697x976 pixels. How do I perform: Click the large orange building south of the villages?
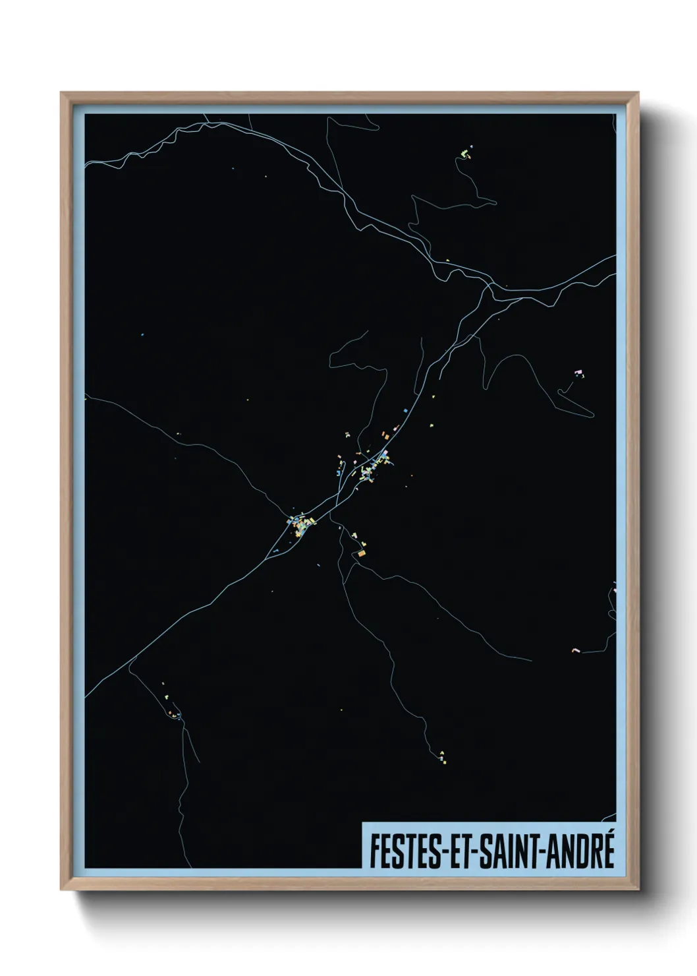click(x=360, y=553)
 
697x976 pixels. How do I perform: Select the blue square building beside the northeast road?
click(x=406, y=411)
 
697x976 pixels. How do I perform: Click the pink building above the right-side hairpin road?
click(x=580, y=373)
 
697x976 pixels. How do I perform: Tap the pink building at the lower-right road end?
click(x=574, y=650)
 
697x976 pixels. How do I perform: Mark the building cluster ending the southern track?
click(x=442, y=755)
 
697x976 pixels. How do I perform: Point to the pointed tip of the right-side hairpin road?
click(x=559, y=392)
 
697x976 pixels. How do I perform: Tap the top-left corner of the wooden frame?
click(x=61, y=93)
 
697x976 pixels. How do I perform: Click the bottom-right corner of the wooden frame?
click(x=640, y=891)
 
